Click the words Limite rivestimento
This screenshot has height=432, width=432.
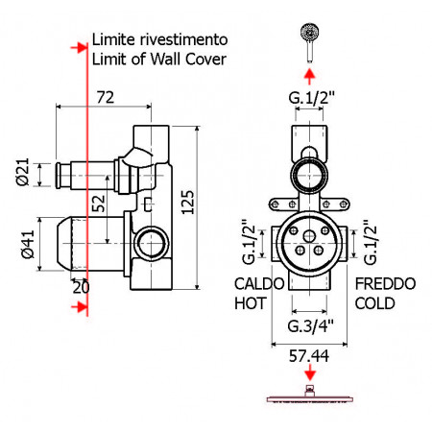coord(158,40)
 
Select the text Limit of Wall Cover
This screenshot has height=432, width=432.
coord(158,60)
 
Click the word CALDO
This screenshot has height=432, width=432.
coord(259,285)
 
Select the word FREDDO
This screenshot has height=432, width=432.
coord(385,285)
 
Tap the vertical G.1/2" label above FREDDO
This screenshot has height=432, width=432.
coord(369,243)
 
